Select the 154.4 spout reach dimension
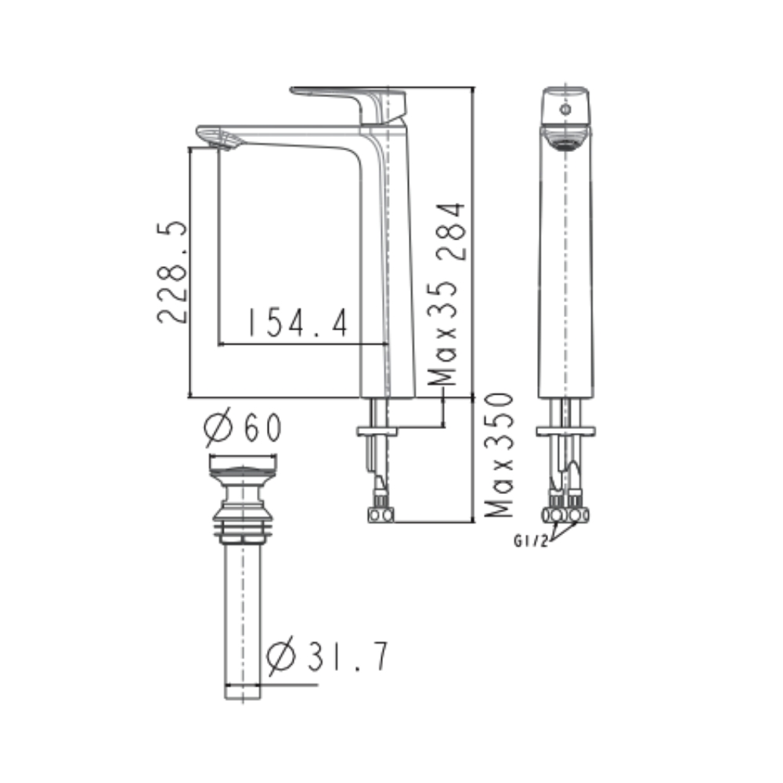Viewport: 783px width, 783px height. pyautogui.click(x=297, y=322)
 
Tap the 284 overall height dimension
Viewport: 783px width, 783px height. pyautogui.click(x=452, y=232)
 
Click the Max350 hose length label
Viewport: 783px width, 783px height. pyautogui.click(x=499, y=454)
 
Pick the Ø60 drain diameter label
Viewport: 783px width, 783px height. pyautogui.click(x=243, y=428)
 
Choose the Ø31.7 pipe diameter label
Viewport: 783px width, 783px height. pyautogui.click(x=327, y=658)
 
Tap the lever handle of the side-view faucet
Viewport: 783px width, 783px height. pyautogui.click(x=348, y=98)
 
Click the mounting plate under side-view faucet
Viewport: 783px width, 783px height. pyautogui.click(x=377, y=431)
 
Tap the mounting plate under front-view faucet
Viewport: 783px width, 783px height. pyautogui.click(x=565, y=431)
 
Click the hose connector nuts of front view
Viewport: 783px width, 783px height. pyautogui.click(x=566, y=514)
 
